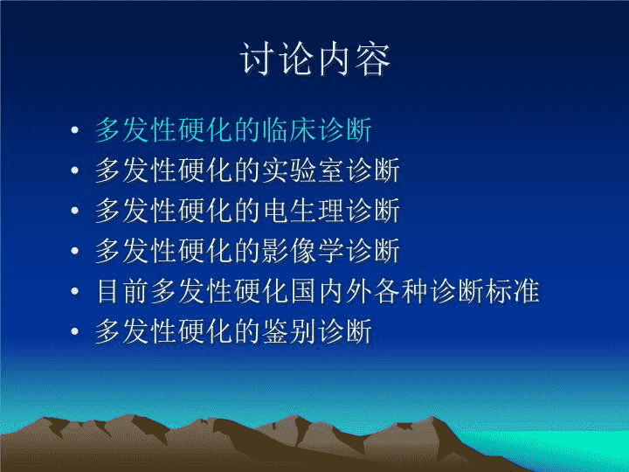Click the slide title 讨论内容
click(315, 59)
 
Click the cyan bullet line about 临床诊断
click(234, 129)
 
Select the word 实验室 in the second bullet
click(304, 170)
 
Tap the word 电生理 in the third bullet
click(304, 211)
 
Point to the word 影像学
click(304, 251)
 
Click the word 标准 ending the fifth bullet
click(512, 290)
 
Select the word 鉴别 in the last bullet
click(290, 331)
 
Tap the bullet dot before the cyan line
click(74, 129)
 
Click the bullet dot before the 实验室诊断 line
click(74, 170)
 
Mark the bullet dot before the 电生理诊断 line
click(74, 211)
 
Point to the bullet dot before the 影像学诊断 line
click(74, 251)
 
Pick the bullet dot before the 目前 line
click(74, 290)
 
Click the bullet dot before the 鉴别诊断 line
click(74, 331)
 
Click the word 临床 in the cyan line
click(290, 129)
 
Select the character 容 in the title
click(373, 59)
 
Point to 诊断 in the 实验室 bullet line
click(373, 170)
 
